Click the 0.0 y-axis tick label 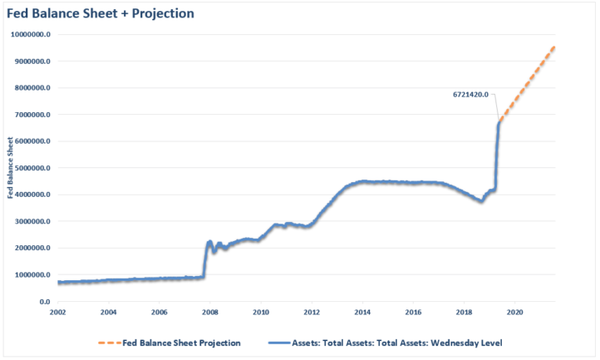(43, 301)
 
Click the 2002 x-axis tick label (58, 312)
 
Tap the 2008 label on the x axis (210, 312)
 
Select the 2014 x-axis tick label (362, 312)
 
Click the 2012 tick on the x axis (312, 312)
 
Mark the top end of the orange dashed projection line (554, 47)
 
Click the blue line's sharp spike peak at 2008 (209, 241)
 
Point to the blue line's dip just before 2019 (481, 201)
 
